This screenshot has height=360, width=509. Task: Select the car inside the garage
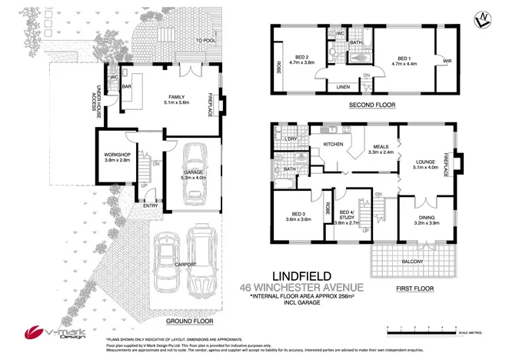[x=193, y=172]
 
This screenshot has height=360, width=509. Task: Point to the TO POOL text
[x=204, y=41]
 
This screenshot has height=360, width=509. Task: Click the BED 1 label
[x=406, y=58]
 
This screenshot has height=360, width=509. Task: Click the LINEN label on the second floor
[x=343, y=88]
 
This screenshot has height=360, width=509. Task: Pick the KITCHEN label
[x=333, y=144]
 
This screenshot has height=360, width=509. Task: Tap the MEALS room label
[x=381, y=146]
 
